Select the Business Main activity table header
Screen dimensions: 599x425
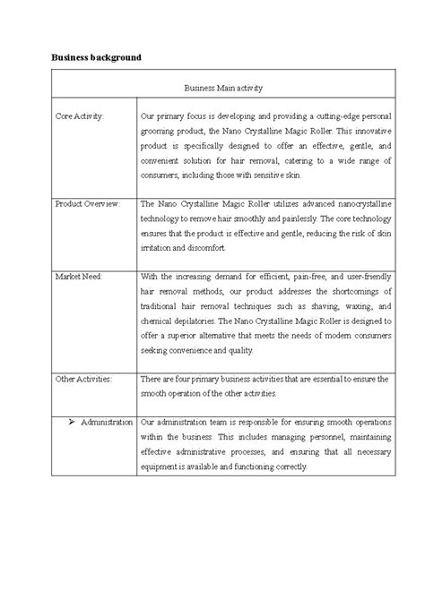tap(222, 89)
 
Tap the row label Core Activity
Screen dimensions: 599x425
tap(80, 116)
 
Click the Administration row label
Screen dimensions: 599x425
tap(107, 421)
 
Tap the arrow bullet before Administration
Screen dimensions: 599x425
tap(71, 421)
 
